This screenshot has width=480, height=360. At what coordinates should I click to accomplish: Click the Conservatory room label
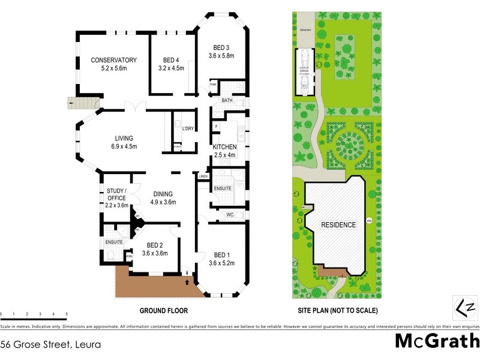(114, 60)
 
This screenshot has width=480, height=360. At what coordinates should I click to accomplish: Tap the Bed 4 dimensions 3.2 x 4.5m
(171, 68)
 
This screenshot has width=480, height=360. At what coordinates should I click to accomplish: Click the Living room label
(124, 138)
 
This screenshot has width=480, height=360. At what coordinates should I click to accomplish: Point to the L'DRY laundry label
(188, 129)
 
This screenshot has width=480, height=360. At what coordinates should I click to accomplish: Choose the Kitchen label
(225, 147)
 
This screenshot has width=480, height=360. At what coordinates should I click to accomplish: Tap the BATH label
(227, 101)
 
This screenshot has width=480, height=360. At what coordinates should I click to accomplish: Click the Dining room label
(163, 194)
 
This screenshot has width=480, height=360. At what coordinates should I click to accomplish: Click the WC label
(230, 215)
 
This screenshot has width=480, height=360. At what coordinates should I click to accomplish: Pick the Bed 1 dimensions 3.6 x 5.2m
(221, 263)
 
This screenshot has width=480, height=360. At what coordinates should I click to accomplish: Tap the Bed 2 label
(154, 245)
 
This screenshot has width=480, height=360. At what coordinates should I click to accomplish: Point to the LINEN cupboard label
(203, 176)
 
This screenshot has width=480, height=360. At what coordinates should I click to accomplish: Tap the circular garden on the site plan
(349, 146)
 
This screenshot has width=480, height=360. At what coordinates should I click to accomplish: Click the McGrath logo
(436, 341)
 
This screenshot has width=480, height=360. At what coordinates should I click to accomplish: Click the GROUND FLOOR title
(164, 311)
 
